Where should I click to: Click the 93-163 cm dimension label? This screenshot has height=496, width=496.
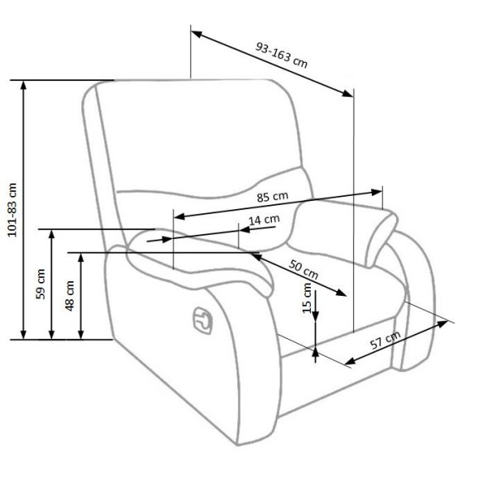click(282, 55)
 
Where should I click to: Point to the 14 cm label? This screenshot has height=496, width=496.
click(265, 220)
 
